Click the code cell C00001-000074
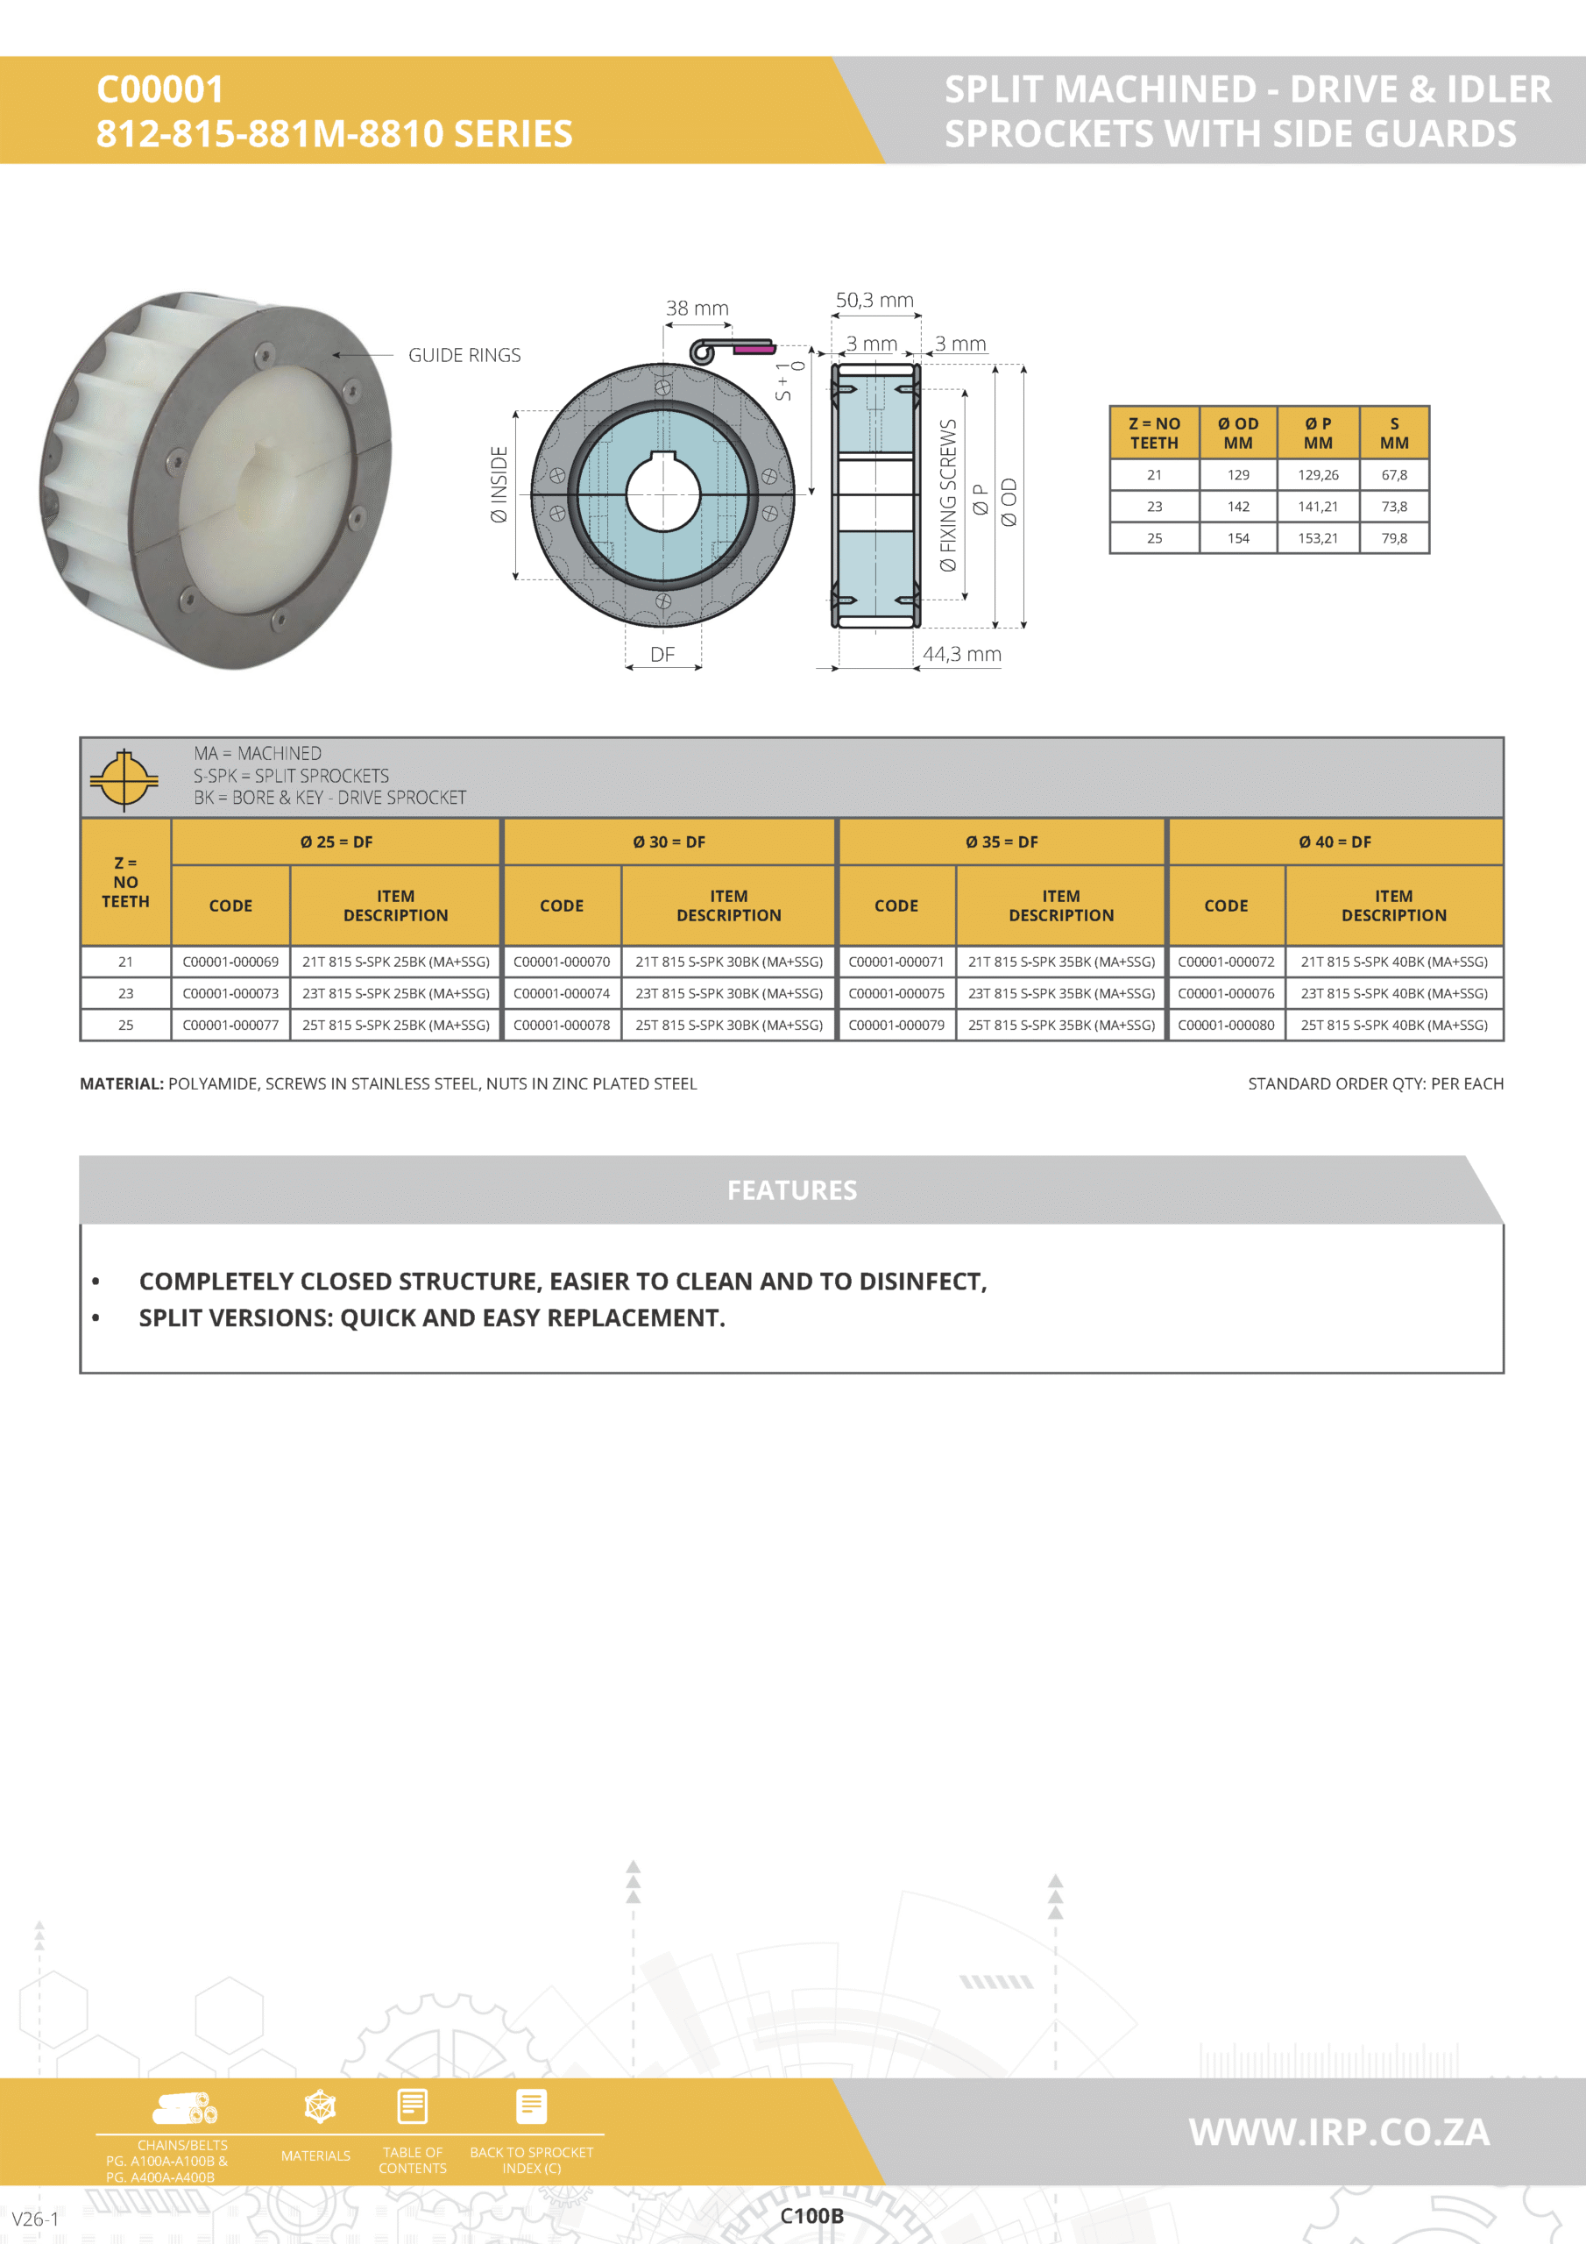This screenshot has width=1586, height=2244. coord(561,993)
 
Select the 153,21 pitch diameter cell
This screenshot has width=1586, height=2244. coord(1317,537)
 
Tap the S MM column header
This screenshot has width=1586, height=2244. coord(1393,433)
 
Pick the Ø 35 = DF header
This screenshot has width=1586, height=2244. coord(1002,841)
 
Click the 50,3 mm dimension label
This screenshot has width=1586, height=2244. coord(874,300)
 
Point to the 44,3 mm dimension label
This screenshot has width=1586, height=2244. coord(961,654)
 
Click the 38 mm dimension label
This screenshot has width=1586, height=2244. coord(697,308)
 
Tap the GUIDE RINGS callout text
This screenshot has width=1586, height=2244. coord(464,355)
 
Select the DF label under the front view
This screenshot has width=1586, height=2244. coord(662,654)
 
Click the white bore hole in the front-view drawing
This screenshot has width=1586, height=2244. coord(662,495)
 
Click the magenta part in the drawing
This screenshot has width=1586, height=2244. coord(754,348)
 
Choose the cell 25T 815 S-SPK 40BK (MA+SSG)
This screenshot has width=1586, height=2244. coord(1393,1025)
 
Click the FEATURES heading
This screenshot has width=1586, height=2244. coord(791,1189)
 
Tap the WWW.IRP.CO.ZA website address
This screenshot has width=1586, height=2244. coord(1339,2132)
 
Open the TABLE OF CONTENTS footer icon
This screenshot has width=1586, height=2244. coord(413,2108)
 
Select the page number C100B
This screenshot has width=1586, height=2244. coord(811,2216)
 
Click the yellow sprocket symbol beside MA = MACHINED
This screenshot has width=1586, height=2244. coord(124,779)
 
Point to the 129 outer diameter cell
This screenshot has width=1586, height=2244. coord(1237,475)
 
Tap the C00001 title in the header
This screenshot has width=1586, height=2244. coord(160,90)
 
